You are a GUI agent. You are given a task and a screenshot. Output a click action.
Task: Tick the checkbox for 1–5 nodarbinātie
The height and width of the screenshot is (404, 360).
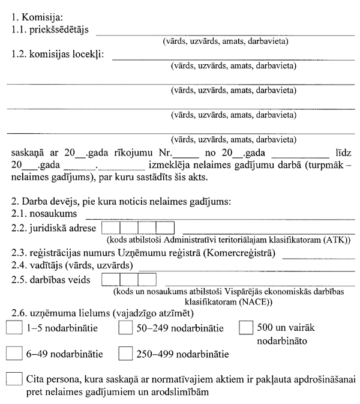point(14,328)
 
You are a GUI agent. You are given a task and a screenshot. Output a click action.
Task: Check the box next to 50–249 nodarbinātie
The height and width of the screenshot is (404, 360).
point(125,328)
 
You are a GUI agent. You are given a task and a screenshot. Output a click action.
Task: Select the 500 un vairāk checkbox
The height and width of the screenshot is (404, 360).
point(245,328)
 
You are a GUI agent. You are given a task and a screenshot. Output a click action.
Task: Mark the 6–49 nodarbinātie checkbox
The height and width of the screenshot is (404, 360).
point(14,354)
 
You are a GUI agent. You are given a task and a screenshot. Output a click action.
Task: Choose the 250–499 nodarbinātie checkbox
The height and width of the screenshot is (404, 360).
point(125,354)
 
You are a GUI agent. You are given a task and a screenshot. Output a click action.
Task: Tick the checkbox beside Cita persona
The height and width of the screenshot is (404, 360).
point(14,379)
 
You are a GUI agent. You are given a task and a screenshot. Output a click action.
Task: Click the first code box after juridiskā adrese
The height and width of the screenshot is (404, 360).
point(111,228)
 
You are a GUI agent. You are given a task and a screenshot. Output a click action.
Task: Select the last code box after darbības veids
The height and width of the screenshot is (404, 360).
point(147,279)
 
